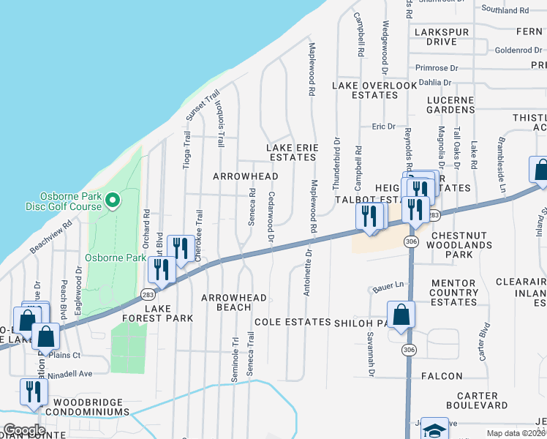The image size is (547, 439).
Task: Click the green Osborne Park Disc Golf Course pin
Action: coord(112,200)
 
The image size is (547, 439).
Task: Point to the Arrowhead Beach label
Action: coord(234,302)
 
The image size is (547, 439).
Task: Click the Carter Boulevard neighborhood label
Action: coord(475,399)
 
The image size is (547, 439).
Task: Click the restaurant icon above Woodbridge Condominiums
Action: coord(33,391)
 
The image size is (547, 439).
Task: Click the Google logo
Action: coord(24,429)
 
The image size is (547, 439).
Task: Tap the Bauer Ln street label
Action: coord(388,285)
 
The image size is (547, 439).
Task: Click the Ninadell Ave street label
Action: coord(72,373)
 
